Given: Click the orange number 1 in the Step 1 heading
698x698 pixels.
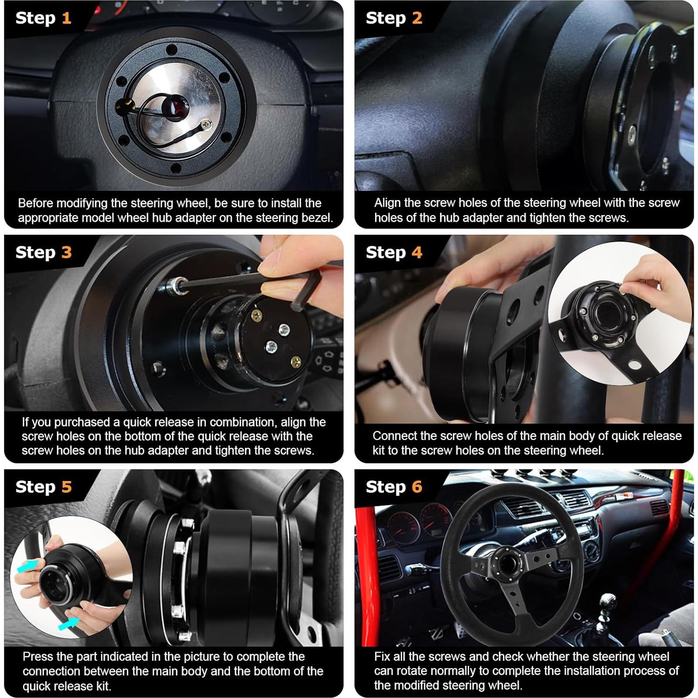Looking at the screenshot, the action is [66, 18].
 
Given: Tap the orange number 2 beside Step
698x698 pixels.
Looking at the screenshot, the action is [417, 18].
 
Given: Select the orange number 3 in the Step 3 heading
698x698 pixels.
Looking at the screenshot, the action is [67, 252].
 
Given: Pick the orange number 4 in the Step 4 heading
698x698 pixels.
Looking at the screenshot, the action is [417, 252].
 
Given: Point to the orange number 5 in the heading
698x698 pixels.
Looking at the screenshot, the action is [67, 487].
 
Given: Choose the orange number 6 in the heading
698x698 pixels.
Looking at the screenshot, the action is [417, 487].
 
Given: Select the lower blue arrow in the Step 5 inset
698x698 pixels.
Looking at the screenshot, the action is [69, 623].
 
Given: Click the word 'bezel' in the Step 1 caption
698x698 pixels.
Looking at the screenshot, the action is [318, 218].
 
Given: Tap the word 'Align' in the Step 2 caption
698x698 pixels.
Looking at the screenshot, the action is [387, 203].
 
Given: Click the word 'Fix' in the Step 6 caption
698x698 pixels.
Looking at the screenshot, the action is [382, 657].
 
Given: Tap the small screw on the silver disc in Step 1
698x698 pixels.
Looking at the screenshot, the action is [206, 124].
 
